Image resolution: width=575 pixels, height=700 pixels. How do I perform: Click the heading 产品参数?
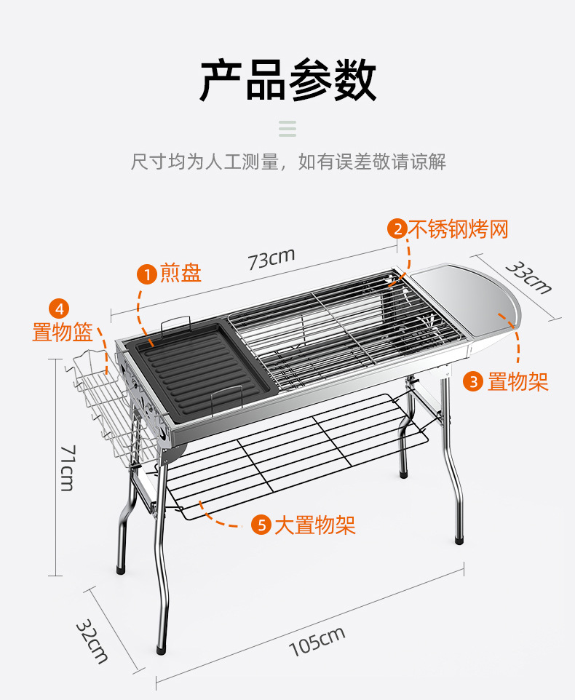tap(287, 80)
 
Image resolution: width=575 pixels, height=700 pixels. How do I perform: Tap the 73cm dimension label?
tap(271, 258)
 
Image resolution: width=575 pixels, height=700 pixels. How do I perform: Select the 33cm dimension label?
tap(528, 277)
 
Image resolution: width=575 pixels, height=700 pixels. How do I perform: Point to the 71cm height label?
tap(66, 467)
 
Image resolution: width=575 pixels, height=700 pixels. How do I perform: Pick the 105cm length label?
tap(317, 641)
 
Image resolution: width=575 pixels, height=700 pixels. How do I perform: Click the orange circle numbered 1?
tap(147, 274)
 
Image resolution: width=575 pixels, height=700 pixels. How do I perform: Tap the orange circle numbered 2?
tap(397, 229)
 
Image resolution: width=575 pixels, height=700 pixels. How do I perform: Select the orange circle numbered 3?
tap(474, 381)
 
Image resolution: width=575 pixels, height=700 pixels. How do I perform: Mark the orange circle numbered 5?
tap(261, 525)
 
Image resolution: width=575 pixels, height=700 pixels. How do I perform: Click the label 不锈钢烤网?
tap(457, 229)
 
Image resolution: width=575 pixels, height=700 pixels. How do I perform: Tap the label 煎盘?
tap(181, 274)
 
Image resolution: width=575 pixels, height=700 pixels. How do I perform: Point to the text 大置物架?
tap(314, 525)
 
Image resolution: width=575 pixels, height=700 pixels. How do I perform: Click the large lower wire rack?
tap(291, 451)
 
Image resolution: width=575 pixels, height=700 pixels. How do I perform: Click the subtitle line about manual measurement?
tap(287, 161)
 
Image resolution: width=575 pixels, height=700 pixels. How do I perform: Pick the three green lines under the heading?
tap(287, 129)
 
